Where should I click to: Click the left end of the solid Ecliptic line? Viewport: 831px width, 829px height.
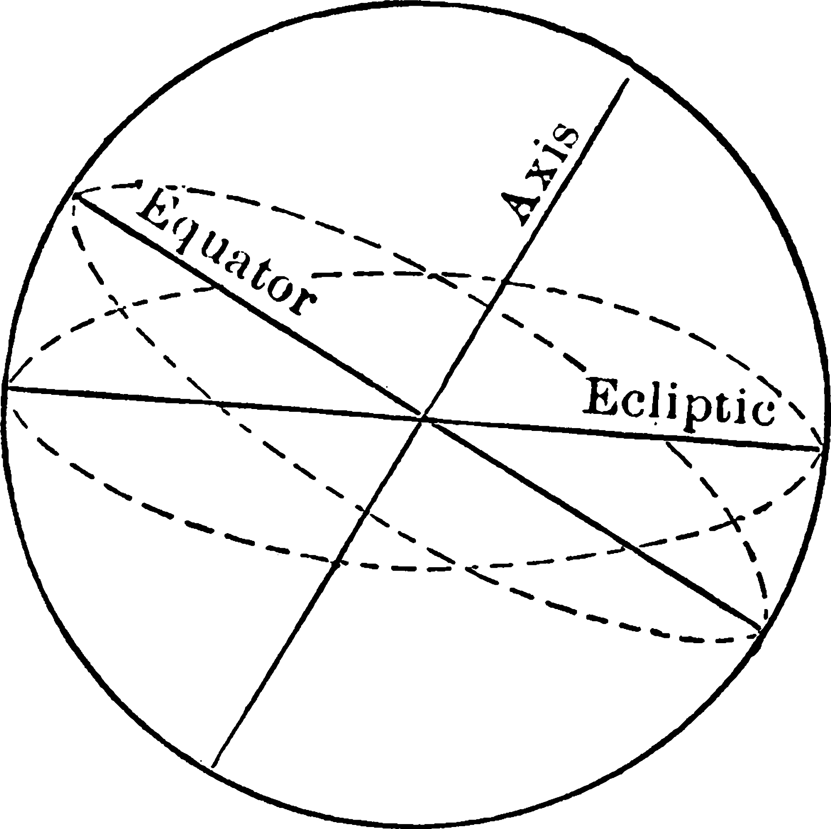click(8, 388)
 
